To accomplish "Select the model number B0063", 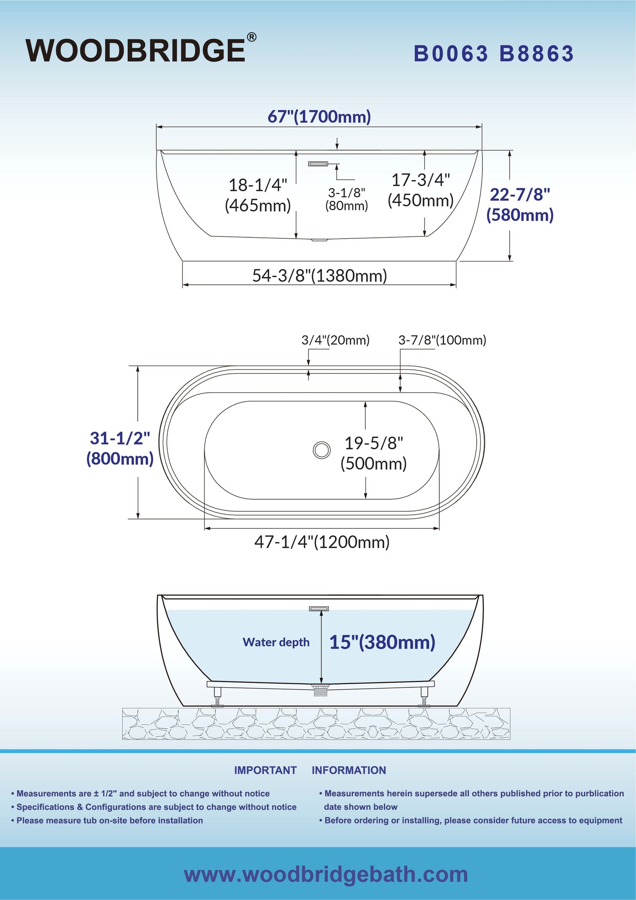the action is (x=451, y=54).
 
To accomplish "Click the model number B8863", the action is (x=537, y=54).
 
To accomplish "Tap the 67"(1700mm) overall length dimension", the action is (x=319, y=117).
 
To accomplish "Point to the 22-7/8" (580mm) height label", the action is (x=520, y=204).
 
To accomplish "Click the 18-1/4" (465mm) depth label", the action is (x=258, y=195).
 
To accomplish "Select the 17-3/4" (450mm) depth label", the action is (x=421, y=190).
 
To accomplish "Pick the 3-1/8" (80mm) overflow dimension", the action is (x=347, y=199).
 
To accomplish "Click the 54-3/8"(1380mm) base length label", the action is (x=320, y=276).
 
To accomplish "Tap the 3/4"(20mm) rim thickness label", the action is (x=335, y=340).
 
